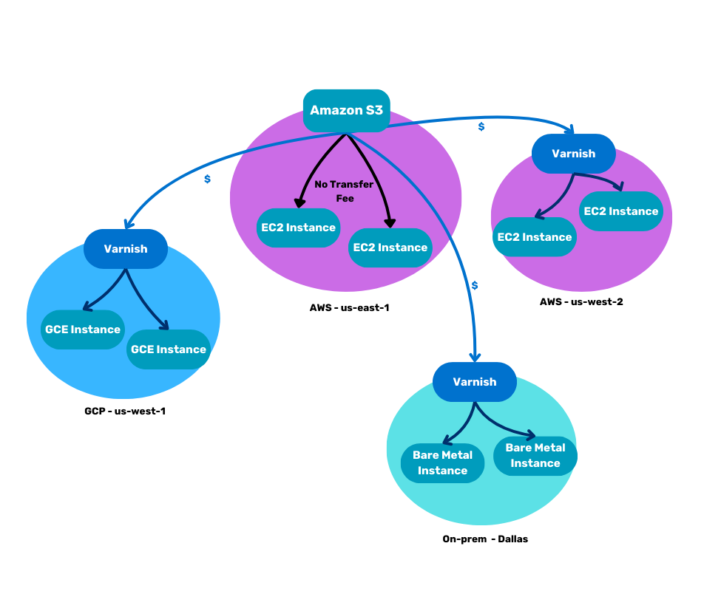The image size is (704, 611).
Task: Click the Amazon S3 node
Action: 346,110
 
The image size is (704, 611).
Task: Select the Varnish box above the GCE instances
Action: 126,249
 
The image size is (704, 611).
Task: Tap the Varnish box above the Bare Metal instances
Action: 475,382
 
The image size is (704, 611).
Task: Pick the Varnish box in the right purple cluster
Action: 573,154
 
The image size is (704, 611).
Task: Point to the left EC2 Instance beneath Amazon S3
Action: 299,228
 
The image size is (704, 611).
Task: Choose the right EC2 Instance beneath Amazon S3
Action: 390,248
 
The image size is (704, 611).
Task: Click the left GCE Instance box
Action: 83,330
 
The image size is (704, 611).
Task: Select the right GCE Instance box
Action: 169,349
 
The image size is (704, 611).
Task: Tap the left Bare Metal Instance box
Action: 442,463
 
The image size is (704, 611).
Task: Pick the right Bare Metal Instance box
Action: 535,456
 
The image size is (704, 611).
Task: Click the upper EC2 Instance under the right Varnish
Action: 621,211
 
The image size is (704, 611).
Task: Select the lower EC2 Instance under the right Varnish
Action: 535,237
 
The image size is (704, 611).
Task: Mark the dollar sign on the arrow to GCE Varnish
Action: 207,179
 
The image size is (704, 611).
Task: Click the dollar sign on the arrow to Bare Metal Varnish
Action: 475,285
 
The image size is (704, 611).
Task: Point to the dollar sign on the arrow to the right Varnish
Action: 481,126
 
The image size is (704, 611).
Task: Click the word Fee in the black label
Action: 345,199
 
